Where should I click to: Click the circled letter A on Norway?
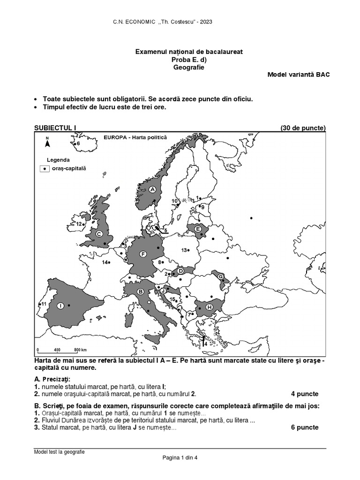click(152, 189)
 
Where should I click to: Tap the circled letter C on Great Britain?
click(99, 233)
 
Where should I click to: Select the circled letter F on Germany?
click(143, 255)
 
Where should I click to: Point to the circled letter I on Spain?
click(60, 306)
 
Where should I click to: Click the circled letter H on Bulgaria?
click(209, 307)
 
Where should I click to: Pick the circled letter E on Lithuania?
click(198, 229)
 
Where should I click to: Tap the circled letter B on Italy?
click(140, 292)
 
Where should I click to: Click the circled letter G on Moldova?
click(220, 277)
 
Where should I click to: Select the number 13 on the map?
click(184, 250)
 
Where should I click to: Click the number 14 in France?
click(105, 262)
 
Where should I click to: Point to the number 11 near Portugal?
click(44, 304)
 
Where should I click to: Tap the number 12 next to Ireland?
click(79, 224)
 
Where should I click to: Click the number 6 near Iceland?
click(78, 143)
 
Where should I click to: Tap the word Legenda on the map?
click(58, 159)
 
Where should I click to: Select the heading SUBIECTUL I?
click(55, 128)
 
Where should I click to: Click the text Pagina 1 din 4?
click(180, 458)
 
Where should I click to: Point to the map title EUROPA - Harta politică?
click(135, 137)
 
